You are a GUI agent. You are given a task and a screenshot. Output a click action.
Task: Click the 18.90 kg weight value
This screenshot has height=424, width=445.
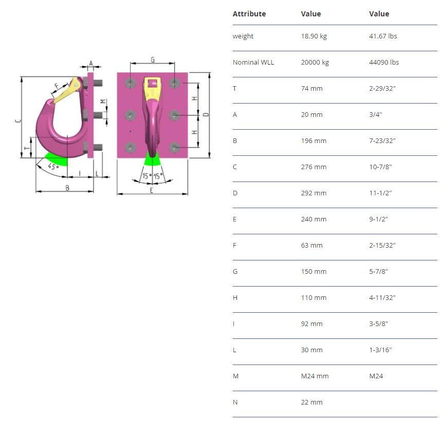pyautogui.click(x=314, y=36)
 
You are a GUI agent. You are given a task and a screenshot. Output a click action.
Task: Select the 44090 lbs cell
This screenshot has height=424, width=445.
pyautogui.click(x=384, y=63)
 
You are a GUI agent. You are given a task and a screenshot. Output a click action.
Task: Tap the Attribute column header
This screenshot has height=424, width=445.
pyautogui.click(x=249, y=14)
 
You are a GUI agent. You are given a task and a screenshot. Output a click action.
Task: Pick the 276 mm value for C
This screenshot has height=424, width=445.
pyautogui.click(x=313, y=167)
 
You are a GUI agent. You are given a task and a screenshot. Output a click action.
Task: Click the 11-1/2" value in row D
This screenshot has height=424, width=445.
pyautogui.click(x=380, y=193)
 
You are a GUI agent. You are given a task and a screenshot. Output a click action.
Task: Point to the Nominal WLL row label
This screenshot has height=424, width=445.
pyautogui.click(x=253, y=63)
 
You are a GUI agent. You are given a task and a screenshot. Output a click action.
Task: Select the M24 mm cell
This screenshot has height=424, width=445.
pyautogui.click(x=314, y=376)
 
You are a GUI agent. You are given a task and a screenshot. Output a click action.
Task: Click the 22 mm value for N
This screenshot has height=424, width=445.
pyautogui.click(x=311, y=402)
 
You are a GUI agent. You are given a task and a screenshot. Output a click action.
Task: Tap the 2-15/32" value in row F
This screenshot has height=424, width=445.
pyautogui.click(x=382, y=245)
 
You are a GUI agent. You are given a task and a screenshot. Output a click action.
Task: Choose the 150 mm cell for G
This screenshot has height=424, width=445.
pyautogui.click(x=313, y=271)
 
